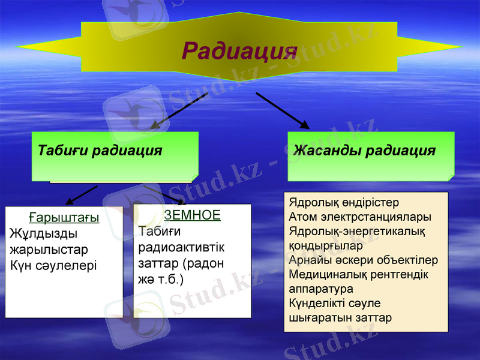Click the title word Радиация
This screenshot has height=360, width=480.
click(x=239, y=52)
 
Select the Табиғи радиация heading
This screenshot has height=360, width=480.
click(x=100, y=150)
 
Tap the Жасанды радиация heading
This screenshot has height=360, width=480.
click(x=364, y=150)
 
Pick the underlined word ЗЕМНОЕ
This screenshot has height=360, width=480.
click(x=192, y=215)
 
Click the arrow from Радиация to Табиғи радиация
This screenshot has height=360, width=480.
click(x=178, y=111)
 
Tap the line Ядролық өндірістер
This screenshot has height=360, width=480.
click(x=344, y=202)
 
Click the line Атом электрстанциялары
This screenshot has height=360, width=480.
click(x=360, y=217)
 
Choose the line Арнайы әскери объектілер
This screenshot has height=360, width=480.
click(x=363, y=260)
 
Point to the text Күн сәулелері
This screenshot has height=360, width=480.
click(x=53, y=265)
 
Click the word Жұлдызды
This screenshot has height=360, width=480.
click(x=44, y=234)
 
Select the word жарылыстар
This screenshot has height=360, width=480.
click(x=49, y=249)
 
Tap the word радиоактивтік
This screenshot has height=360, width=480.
click(x=181, y=247)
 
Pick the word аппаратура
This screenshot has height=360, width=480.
click(x=321, y=289)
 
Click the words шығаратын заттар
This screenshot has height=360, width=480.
click(x=340, y=318)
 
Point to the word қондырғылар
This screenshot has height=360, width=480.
click(x=326, y=246)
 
